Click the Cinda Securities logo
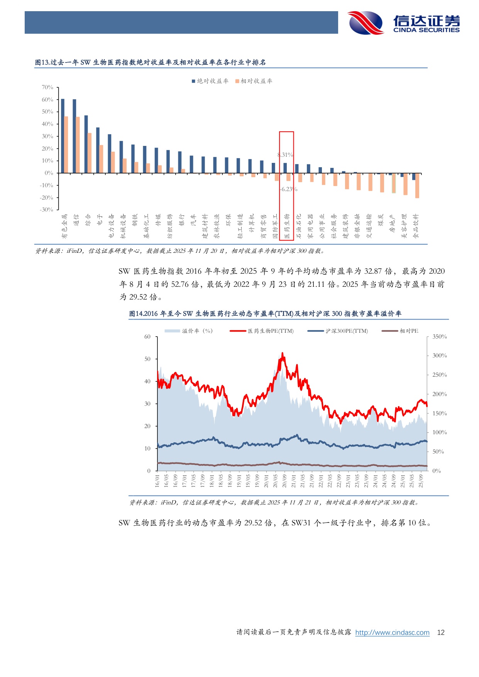click(x=404, y=23)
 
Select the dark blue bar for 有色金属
click(x=63, y=136)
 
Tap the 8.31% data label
click(x=285, y=155)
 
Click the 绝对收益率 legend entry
click(x=210, y=81)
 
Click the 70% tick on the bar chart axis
click(x=47, y=88)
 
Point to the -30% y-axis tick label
click(x=47, y=210)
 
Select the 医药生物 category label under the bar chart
click(x=287, y=226)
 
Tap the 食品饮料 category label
click(x=416, y=226)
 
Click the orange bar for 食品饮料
click(x=417, y=186)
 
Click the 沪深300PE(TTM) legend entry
click(x=338, y=331)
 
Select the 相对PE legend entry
click(x=400, y=331)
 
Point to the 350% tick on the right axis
click(x=439, y=337)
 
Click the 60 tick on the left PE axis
click(x=147, y=337)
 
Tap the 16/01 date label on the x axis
click(x=157, y=481)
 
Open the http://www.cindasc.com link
click(x=392, y=632)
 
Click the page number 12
click(x=440, y=632)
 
